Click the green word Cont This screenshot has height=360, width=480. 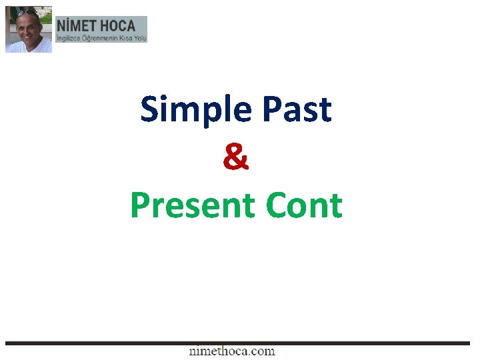click(x=304, y=205)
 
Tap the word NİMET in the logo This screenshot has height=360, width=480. click(x=77, y=26)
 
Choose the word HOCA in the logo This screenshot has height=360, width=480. click(x=117, y=26)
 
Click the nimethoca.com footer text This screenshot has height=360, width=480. click(x=232, y=351)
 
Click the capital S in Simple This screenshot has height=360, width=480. click(x=149, y=110)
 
